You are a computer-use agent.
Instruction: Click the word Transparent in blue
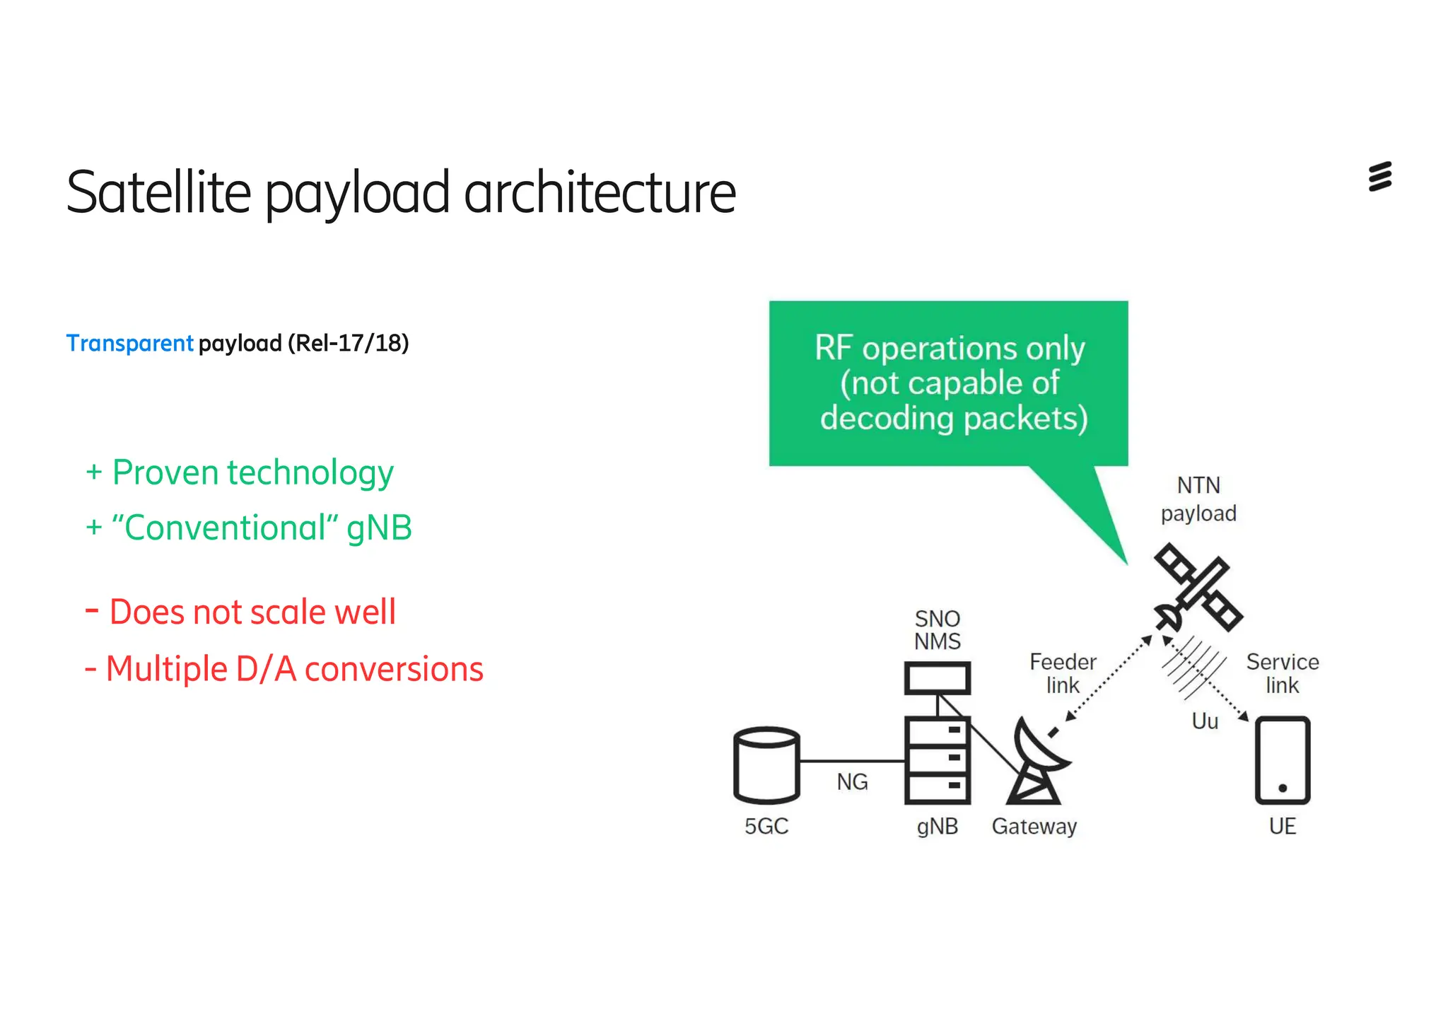click(129, 344)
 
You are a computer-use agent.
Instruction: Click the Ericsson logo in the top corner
click(1379, 177)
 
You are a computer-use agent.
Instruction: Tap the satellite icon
click(1197, 587)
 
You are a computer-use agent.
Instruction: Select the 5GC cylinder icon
click(766, 765)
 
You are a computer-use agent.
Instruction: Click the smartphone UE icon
click(1283, 761)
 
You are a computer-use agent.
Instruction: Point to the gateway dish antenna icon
click(1037, 762)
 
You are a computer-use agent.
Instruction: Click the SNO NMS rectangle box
click(938, 679)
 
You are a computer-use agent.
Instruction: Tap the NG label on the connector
click(852, 782)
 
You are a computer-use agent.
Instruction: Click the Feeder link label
click(1063, 673)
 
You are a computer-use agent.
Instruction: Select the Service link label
click(1283, 673)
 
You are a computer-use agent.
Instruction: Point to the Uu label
click(1205, 721)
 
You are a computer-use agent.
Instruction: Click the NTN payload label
click(1198, 499)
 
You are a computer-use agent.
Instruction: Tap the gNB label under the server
click(938, 826)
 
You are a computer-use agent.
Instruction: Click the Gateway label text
click(1034, 826)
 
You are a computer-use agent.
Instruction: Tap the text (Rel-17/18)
click(348, 344)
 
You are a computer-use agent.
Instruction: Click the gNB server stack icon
click(938, 761)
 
